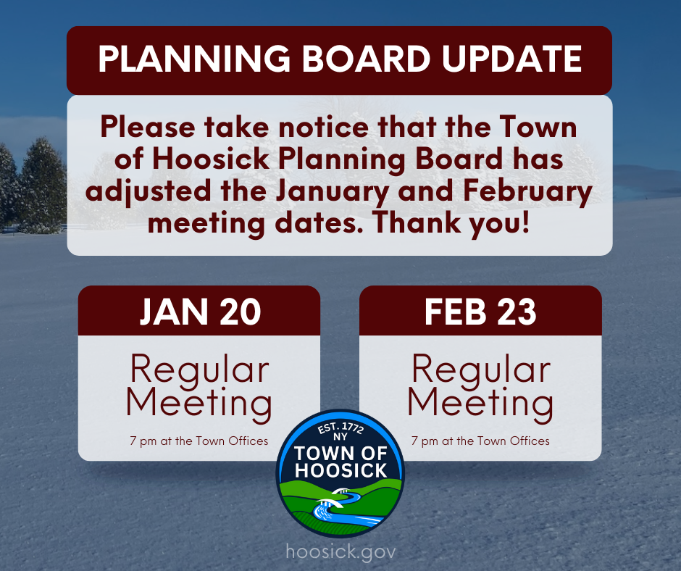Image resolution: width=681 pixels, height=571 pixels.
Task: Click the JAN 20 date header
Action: (x=199, y=311)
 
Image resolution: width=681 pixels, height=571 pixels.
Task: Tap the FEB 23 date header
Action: (x=480, y=311)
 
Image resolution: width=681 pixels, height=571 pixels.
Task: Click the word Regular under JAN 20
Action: (x=199, y=370)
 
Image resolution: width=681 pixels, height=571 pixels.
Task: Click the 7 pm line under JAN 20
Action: (x=199, y=441)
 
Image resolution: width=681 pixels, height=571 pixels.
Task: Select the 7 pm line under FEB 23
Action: (x=480, y=441)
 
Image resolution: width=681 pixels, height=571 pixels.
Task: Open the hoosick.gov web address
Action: (x=340, y=551)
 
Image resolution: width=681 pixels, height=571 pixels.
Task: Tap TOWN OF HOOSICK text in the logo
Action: (x=340, y=462)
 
